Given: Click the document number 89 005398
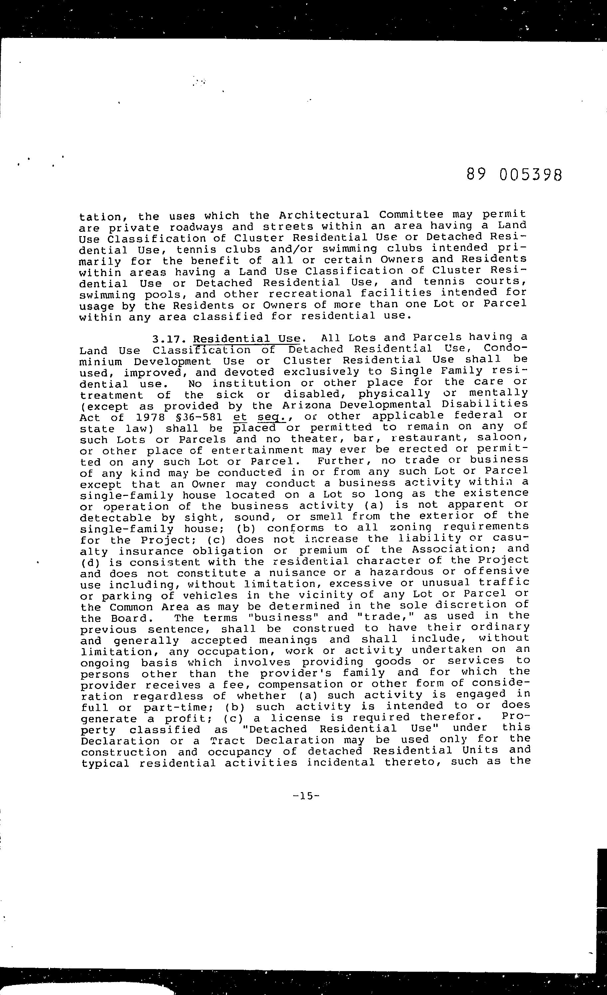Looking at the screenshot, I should tap(514, 175).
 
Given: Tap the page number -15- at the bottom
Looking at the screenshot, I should tap(307, 796).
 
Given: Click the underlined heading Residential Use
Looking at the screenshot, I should tap(247, 339).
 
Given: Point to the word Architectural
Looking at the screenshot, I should tap(323, 215).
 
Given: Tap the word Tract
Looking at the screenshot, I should tap(228, 741).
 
